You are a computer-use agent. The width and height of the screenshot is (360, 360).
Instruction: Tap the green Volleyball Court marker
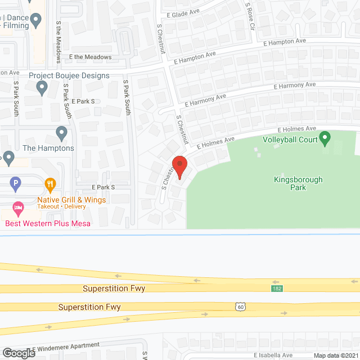325,137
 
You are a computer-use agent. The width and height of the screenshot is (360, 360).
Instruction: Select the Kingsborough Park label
298,183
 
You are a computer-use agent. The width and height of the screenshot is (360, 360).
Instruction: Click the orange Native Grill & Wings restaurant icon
51,183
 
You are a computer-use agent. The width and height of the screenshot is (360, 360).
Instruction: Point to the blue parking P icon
16,183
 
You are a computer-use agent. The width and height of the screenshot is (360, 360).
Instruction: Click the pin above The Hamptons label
62,134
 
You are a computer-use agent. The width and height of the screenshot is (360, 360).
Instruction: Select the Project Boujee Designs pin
42,87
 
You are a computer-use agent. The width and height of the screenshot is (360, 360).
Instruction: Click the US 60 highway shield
240,306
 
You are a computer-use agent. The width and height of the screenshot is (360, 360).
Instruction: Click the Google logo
18,353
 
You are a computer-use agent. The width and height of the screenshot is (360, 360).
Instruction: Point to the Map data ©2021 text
335,355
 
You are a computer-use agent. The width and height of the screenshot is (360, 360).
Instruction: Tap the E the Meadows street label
91,57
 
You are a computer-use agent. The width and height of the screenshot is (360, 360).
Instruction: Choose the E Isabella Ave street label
273,355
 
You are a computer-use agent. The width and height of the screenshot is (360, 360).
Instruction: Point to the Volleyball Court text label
291,139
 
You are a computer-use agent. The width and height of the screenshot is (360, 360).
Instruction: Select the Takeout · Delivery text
62,206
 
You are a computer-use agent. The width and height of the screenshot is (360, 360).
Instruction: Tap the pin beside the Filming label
37,21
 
